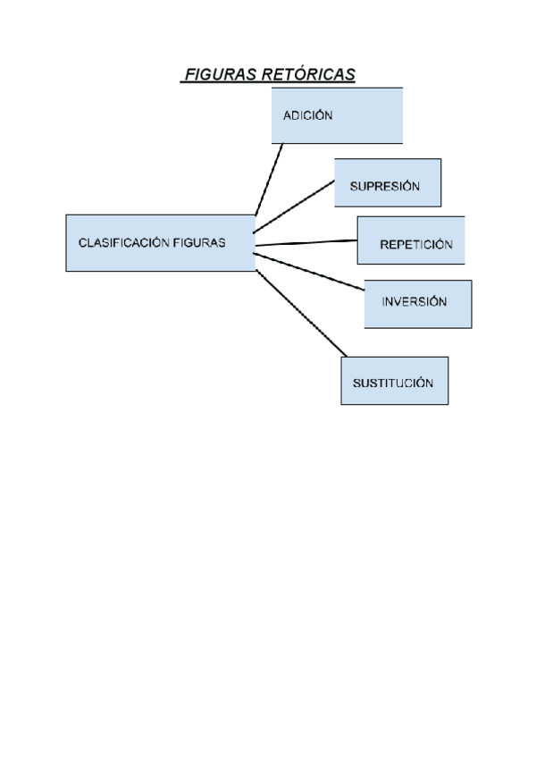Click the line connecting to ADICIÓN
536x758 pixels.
[269, 179]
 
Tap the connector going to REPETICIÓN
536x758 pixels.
[306, 242]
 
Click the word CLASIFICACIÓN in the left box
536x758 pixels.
[124, 242]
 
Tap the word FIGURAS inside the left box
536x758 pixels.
[200, 242]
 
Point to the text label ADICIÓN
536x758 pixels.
[308, 115]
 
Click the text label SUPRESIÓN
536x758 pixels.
[384, 187]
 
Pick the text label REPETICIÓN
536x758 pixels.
[416, 244]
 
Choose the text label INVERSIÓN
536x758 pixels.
[415, 302]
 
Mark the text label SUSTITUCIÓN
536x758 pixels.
[393, 383]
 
